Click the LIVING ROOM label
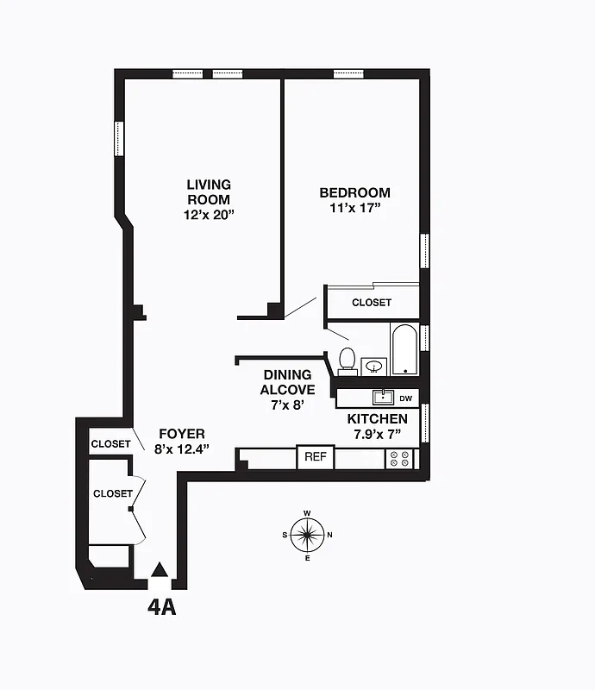coord(209,191)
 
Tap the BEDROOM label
coord(354,193)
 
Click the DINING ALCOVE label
coord(289,382)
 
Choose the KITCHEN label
coord(378,419)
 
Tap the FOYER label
coord(181,434)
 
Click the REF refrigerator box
coord(315,456)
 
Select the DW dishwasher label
coord(406,398)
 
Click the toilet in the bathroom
coord(348,360)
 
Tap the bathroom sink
coord(374,367)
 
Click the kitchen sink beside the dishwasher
coord(383,398)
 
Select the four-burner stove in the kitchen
coord(399,458)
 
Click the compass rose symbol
coord(307,535)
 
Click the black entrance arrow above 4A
coord(160,569)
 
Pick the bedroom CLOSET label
coord(371,303)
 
